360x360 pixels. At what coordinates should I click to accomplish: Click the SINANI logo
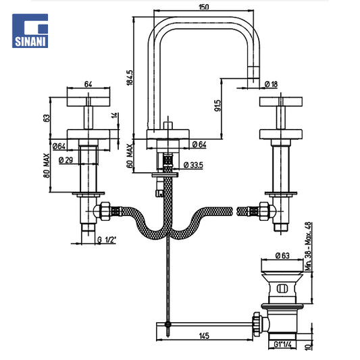coord(30,31)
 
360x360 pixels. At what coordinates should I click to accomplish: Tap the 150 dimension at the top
coord(204,7)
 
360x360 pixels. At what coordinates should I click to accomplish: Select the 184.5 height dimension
coord(130,78)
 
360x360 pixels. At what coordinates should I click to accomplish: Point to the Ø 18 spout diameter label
coord(271,84)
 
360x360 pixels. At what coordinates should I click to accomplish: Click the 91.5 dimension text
coord(217,105)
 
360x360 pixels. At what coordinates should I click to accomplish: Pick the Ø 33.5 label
coord(193,165)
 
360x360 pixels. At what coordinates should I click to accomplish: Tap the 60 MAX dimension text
coord(130,156)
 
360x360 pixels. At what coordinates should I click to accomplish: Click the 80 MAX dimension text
coord(47,165)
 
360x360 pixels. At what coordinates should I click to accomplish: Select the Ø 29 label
coord(66,160)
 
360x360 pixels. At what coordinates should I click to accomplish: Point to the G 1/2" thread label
coord(107,240)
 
